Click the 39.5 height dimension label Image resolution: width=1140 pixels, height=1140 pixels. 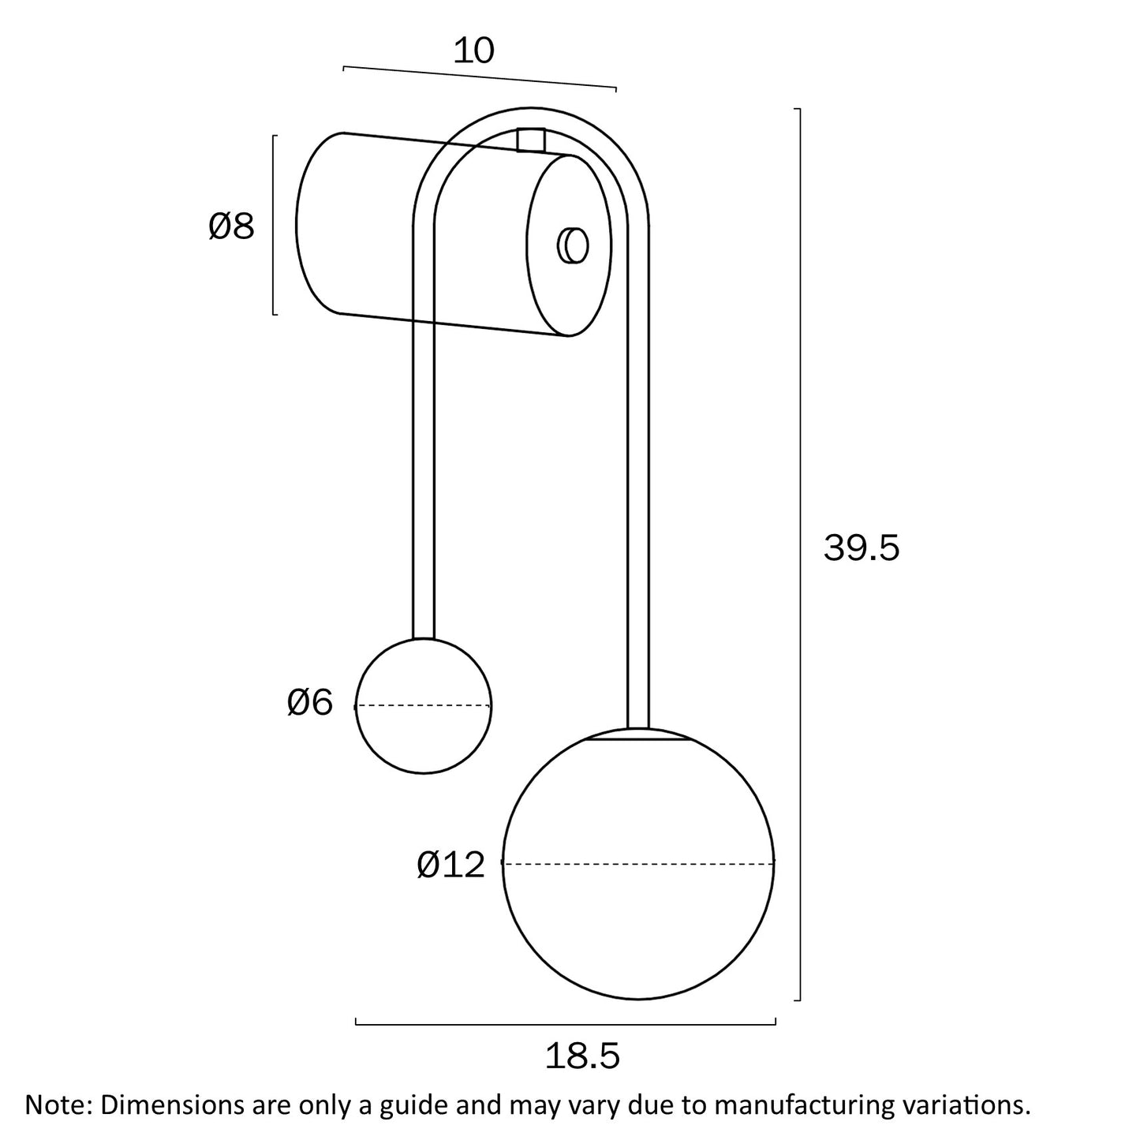[x=861, y=548]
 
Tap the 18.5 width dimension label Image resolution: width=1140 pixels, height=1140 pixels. [x=582, y=1056]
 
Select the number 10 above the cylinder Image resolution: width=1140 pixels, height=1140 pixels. [x=473, y=51]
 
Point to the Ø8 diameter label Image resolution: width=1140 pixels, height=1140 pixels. [x=231, y=227]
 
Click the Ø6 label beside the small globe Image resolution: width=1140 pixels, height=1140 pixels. [x=310, y=702]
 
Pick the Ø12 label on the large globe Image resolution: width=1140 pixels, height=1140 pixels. [x=450, y=865]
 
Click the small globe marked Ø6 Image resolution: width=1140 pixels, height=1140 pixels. [x=424, y=734]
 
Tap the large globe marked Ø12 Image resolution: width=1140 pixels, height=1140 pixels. [x=639, y=907]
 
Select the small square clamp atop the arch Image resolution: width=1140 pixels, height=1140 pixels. [x=531, y=140]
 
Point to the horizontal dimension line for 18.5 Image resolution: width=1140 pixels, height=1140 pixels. [x=566, y=1024]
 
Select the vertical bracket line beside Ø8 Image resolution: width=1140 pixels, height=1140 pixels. [x=274, y=225]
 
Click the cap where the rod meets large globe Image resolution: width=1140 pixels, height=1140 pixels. [x=638, y=735]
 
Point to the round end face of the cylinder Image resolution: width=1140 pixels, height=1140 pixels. [x=569, y=245]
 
